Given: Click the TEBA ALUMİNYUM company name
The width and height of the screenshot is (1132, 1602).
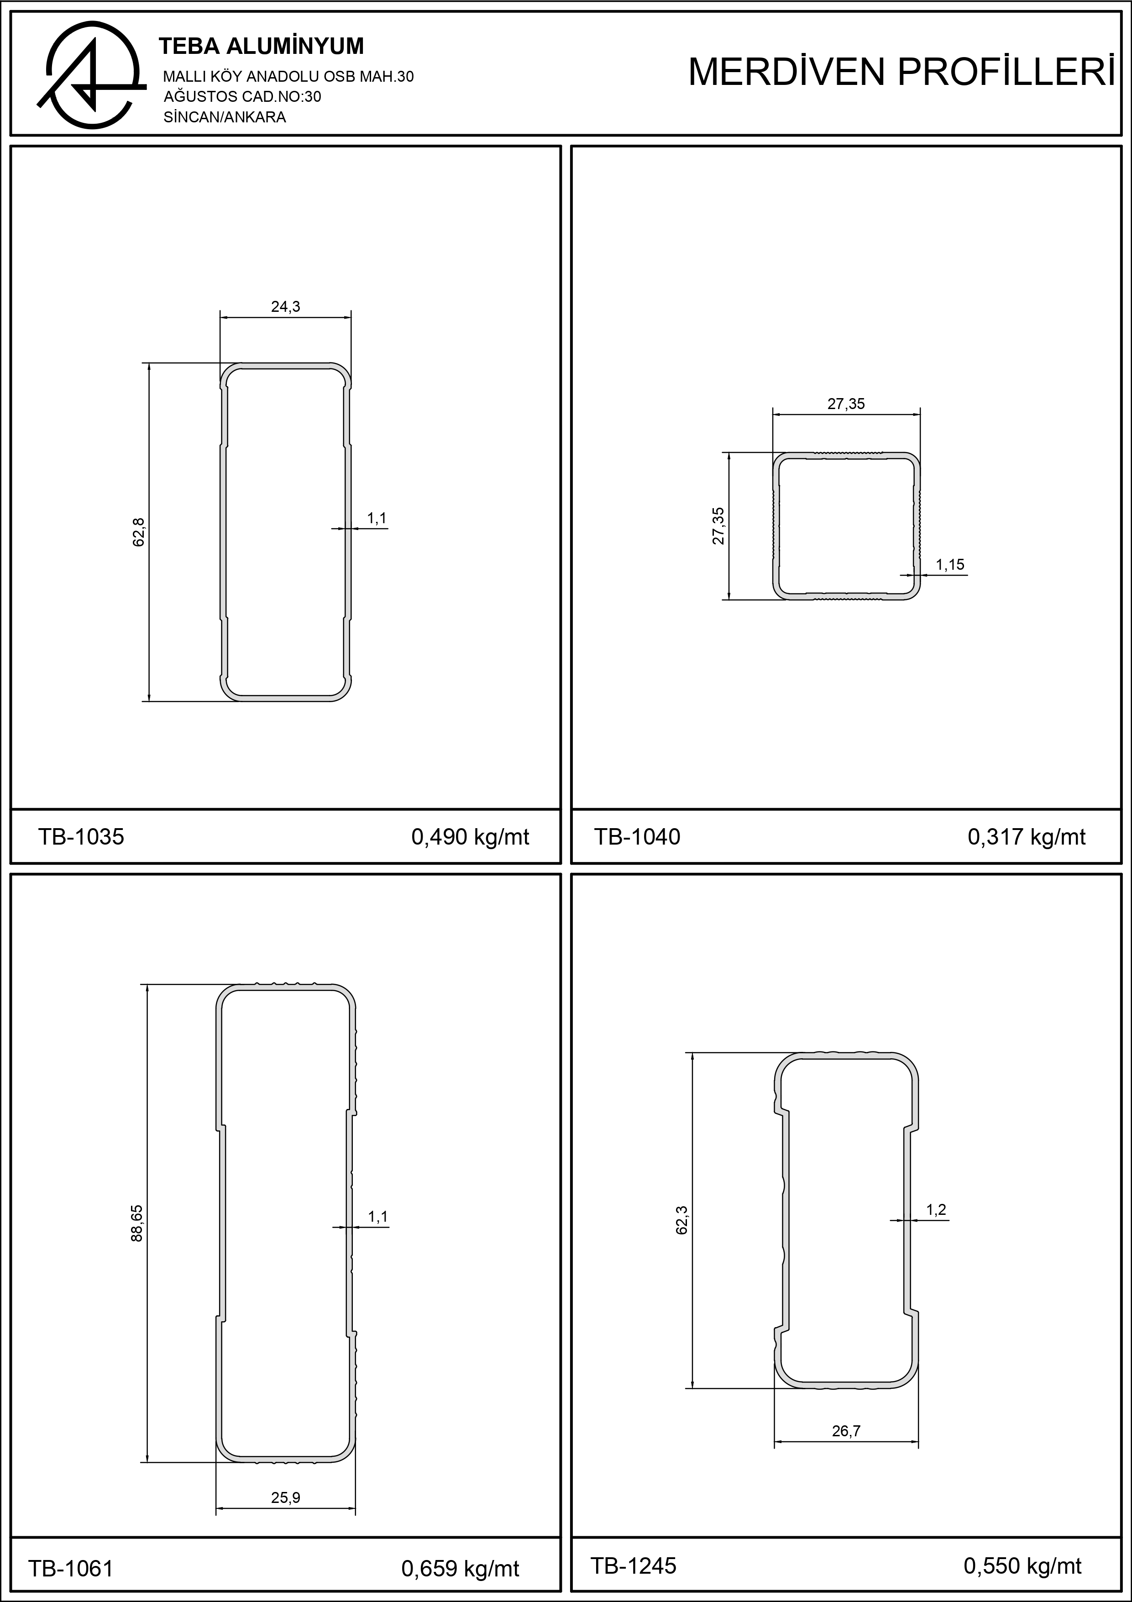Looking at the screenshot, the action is pos(262,46).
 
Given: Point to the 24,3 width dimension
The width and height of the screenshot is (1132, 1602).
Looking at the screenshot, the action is pos(285,306).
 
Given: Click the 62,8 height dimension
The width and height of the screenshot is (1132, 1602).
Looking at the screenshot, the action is pos(138,532).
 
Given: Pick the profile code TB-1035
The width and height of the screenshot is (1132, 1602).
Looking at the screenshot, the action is pos(81,836).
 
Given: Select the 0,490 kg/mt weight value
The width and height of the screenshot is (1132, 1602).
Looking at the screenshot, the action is pos(470,836).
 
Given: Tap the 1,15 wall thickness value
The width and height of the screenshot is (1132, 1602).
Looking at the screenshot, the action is pos(950,564).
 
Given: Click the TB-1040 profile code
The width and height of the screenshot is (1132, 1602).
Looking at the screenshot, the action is pos(637,836).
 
